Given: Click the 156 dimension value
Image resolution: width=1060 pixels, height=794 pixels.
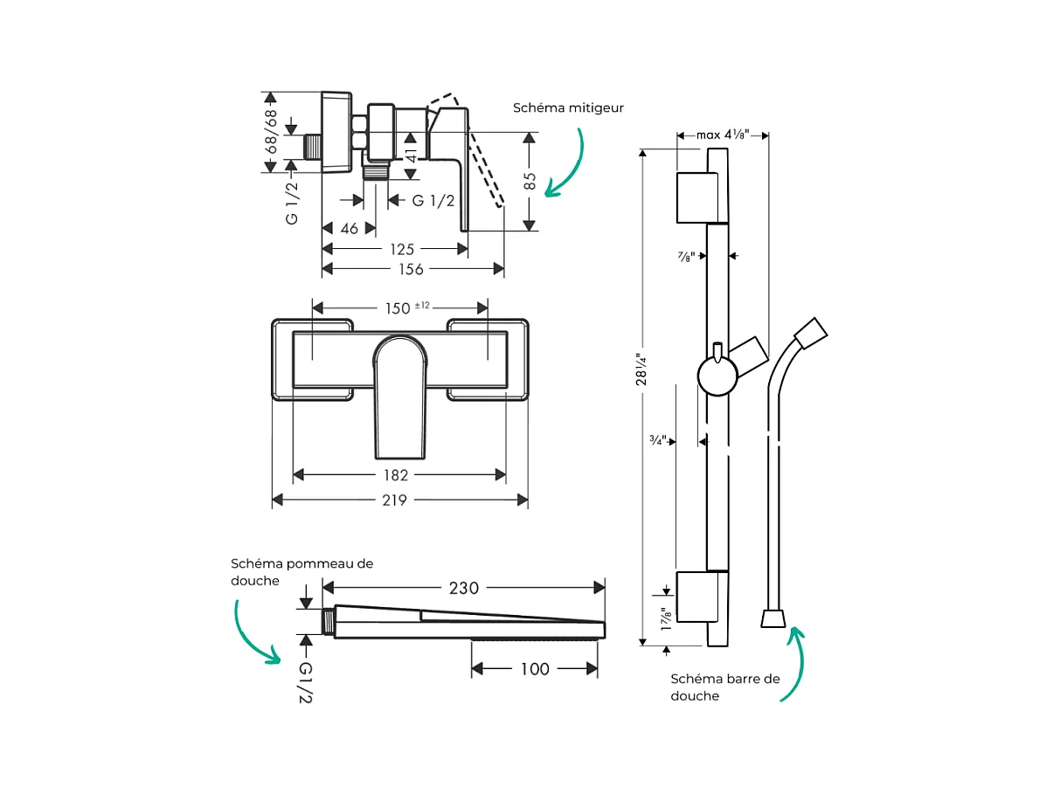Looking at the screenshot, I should coord(412,269).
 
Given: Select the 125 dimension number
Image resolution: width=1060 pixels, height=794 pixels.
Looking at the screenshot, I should coord(403,249).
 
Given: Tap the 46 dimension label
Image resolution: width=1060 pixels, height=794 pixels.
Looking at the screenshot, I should coord(350,228).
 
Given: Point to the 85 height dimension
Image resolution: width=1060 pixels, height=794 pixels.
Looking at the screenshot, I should coord(530,182).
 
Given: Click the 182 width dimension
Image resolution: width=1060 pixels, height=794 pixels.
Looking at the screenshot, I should coord(397,475).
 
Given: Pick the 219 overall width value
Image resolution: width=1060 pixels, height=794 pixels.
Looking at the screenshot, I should coord(395,500).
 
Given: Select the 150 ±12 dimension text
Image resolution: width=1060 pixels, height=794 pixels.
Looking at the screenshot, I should coord(404,307).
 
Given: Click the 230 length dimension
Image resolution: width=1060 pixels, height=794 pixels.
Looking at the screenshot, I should coord(463,588).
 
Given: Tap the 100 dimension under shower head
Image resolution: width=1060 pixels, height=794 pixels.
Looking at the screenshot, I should coord(535,669).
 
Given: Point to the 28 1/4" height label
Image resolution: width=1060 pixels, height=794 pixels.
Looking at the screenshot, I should coord(642,369).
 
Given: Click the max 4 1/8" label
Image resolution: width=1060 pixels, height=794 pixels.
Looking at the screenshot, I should coord(723,135).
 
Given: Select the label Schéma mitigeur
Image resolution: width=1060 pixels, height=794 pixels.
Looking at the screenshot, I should coord(569,108).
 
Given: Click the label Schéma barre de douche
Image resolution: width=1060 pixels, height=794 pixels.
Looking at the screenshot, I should coord(724,687).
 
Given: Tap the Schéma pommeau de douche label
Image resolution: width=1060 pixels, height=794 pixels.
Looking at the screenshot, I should coord(301,572).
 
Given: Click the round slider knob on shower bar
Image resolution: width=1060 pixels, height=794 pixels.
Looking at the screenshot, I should coord(717,376).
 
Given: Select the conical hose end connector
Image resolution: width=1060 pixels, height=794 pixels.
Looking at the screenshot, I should coord(771,618).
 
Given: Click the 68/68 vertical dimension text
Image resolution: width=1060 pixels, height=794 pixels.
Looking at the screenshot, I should coord(271,132).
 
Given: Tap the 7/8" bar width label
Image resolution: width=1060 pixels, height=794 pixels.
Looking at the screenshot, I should coord(687,256).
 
